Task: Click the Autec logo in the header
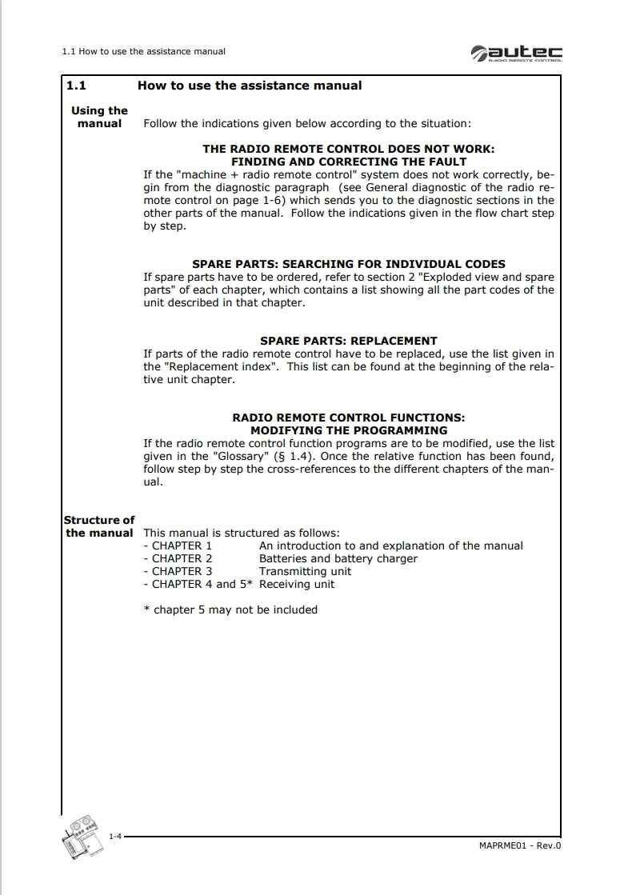516,52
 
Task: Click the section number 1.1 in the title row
76,86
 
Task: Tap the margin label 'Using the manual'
99,117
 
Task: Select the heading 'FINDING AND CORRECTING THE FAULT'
348,162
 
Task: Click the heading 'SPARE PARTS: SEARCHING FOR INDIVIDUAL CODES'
348,264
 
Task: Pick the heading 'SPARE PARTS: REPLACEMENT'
348,341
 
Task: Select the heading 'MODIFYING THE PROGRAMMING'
348,430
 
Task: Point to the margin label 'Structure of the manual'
99,526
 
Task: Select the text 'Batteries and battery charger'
338,558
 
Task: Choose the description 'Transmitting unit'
305,571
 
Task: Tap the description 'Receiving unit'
297,584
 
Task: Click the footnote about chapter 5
230,609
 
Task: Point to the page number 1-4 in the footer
114,836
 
